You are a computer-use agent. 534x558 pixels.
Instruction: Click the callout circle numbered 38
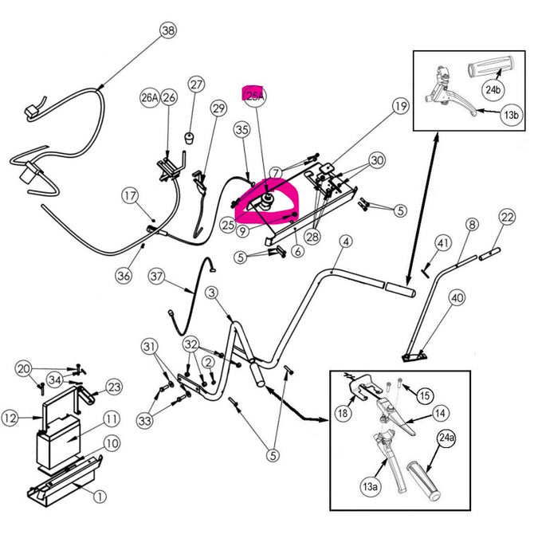[167, 31]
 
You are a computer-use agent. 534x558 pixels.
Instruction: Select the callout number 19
[399, 106]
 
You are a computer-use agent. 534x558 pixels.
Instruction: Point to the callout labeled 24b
[493, 90]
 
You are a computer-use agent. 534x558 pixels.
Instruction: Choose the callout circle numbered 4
[345, 242]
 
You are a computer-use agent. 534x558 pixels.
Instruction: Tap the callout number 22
[507, 216]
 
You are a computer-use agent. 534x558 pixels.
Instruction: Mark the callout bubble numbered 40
[457, 298]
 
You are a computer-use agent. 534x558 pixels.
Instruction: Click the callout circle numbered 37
[156, 277]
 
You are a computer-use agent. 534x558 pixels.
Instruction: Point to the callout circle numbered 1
[100, 497]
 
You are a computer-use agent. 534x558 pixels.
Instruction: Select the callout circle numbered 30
[377, 161]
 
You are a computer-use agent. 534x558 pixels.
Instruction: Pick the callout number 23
[114, 387]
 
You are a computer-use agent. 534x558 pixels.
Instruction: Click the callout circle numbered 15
[425, 395]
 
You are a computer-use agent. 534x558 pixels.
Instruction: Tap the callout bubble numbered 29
[218, 108]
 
